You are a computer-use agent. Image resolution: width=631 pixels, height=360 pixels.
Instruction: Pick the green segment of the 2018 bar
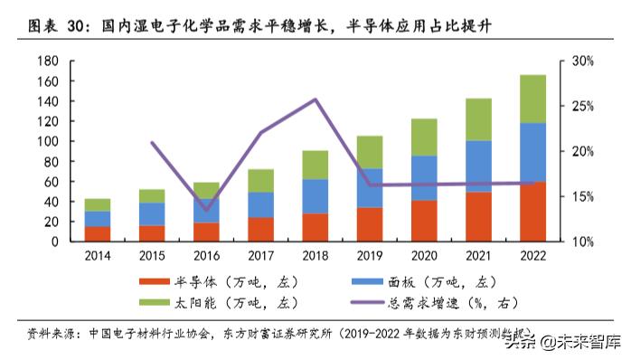pos(315,165)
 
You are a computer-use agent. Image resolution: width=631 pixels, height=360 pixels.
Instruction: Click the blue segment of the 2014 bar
pos(98,219)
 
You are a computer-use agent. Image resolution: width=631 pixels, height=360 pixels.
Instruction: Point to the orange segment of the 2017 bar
pos(260,229)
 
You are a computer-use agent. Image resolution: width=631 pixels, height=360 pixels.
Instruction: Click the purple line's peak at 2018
pos(315,99)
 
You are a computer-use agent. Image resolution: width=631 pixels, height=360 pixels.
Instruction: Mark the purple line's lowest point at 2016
pos(206,210)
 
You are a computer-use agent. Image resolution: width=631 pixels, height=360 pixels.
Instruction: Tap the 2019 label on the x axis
pos(369,256)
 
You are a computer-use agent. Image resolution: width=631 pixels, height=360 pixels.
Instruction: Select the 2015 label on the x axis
pos(152,256)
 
